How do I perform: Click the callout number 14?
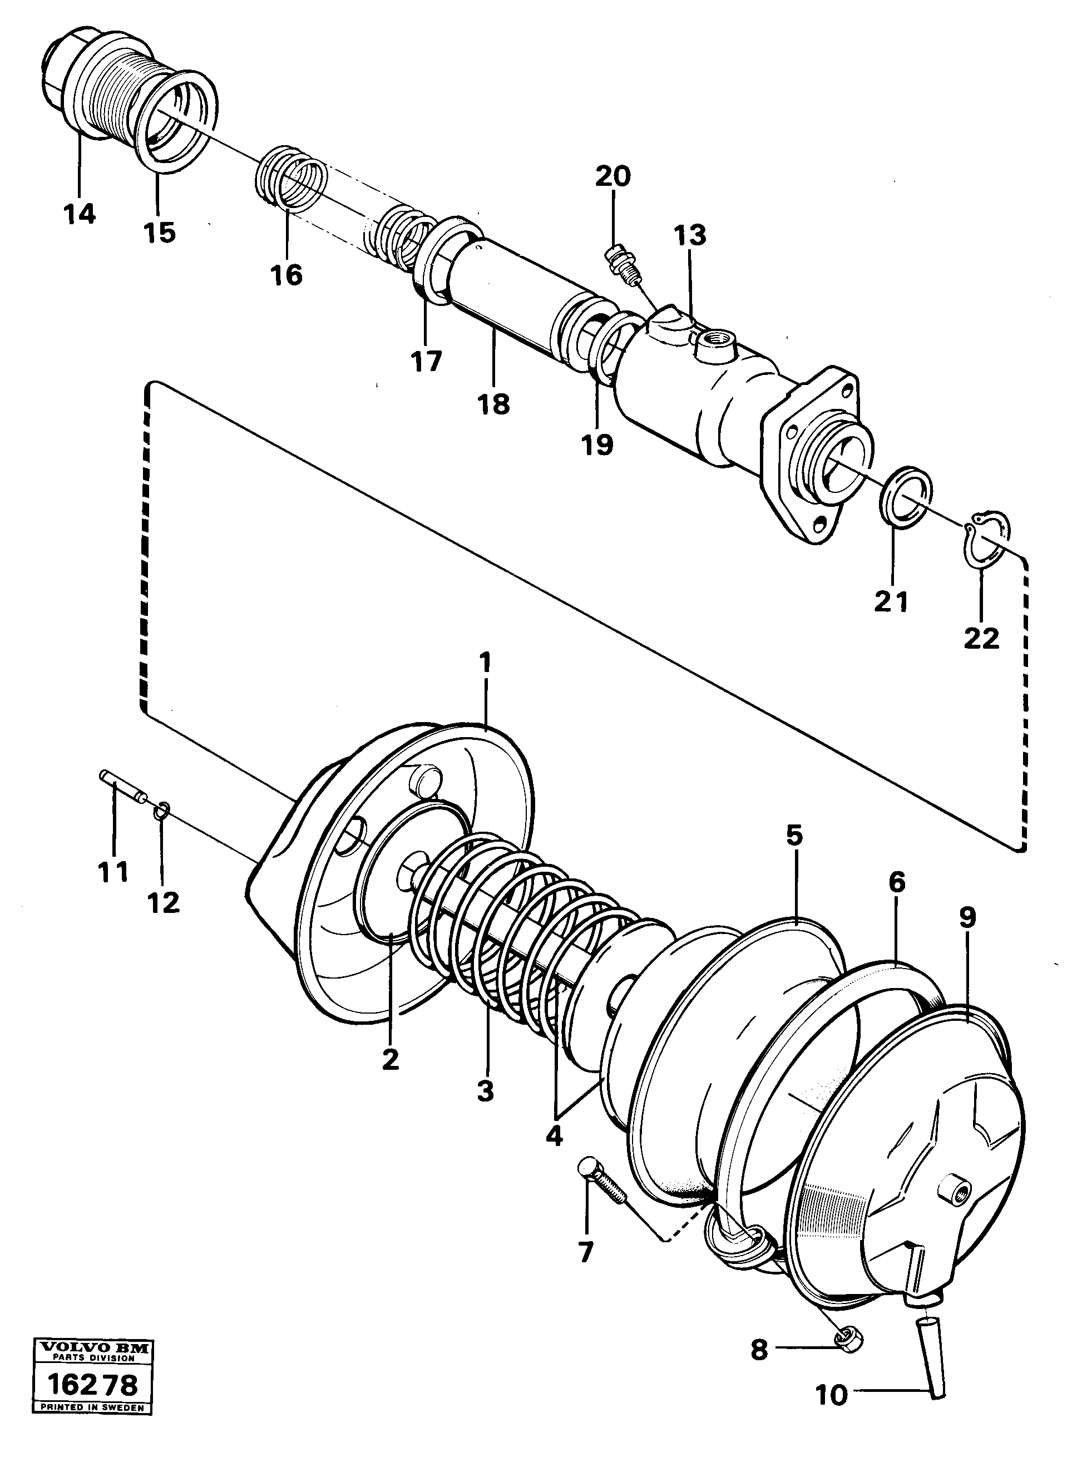click(x=80, y=214)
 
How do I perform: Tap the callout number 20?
click(x=612, y=176)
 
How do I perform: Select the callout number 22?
click(x=981, y=639)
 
